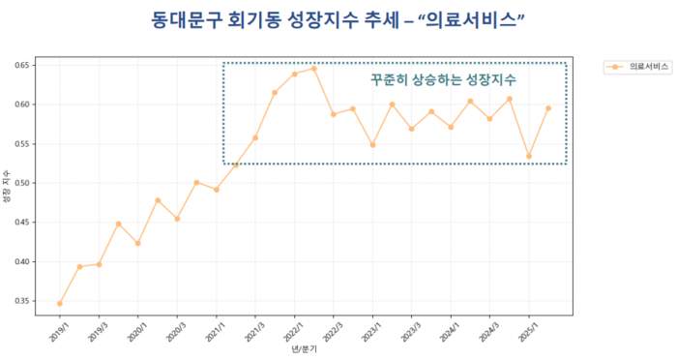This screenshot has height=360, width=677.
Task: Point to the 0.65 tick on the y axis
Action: click(x=21, y=65)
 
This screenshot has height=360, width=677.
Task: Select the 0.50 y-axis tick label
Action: click(x=21, y=183)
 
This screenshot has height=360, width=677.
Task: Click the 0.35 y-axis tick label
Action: click(x=21, y=301)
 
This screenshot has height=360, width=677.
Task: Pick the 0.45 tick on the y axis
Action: click(x=21, y=223)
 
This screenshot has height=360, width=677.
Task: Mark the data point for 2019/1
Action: click(x=60, y=304)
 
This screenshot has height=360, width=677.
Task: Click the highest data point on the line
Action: click(x=313, y=69)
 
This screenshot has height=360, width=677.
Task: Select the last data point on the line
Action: click(x=548, y=108)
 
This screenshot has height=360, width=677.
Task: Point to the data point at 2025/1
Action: click(x=528, y=156)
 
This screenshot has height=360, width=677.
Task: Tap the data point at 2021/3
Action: click(x=255, y=137)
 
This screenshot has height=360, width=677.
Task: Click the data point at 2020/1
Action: click(x=137, y=243)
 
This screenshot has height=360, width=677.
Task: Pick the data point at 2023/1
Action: click(x=372, y=145)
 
